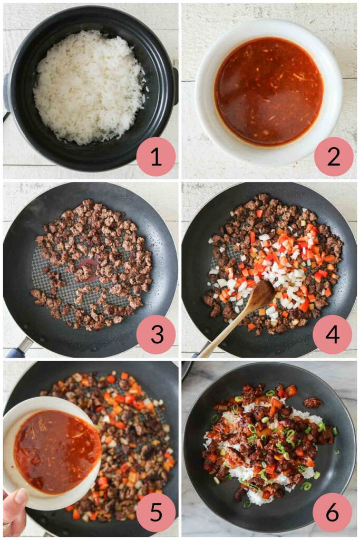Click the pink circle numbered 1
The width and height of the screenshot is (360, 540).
point(155,157)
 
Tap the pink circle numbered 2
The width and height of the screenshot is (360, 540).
point(334,157)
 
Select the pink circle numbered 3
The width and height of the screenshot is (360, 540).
point(155,334)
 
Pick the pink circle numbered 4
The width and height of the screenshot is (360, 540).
point(333,334)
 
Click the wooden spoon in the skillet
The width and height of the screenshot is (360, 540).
point(238,317)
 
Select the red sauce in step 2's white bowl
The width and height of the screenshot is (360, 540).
point(269,91)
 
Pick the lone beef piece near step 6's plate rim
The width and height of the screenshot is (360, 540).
point(313,402)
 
